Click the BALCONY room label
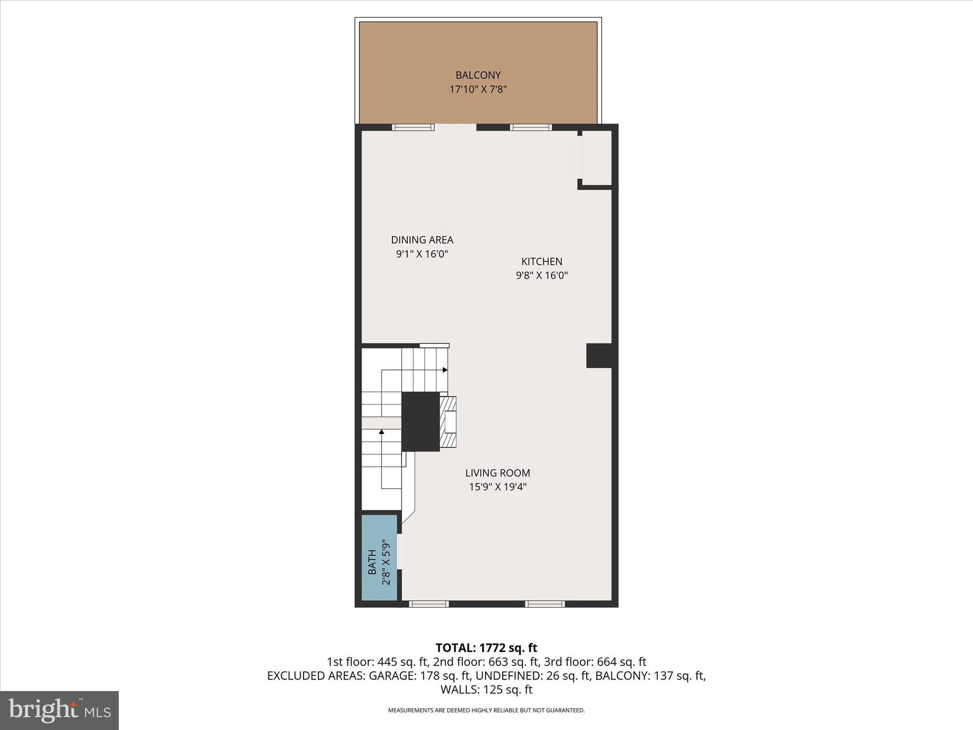[x=478, y=75]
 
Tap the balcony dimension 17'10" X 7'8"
[x=478, y=89]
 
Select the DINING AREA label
[x=422, y=240]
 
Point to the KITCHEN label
[x=542, y=261]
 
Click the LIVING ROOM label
[x=497, y=473]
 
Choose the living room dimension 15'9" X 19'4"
[x=497, y=487]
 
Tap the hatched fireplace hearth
[x=448, y=422]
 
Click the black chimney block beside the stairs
[x=420, y=422]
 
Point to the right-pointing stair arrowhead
[x=445, y=370]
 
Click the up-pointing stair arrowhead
[x=382, y=432]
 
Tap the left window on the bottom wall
[x=429, y=604]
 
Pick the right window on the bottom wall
[x=544, y=604]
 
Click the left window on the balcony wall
[x=413, y=127]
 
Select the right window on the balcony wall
[x=531, y=127]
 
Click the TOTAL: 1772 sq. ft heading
[x=486, y=648]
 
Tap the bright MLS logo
[x=59, y=710]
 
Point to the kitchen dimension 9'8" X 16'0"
[x=542, y=276]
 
